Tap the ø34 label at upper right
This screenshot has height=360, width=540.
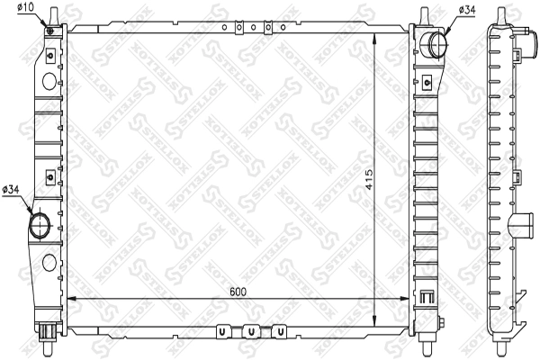pyautogui.click(x=467, y=9)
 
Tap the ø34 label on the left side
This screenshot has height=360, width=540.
pyautogui.click(x=12, y=188)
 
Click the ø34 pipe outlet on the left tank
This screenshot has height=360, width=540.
pyautogui.click(x=41, y=224)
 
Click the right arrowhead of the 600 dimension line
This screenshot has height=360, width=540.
pyautogui.click(x=408, y=298)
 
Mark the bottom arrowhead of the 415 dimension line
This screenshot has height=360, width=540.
pyautogui.click(x=374, y=320)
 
